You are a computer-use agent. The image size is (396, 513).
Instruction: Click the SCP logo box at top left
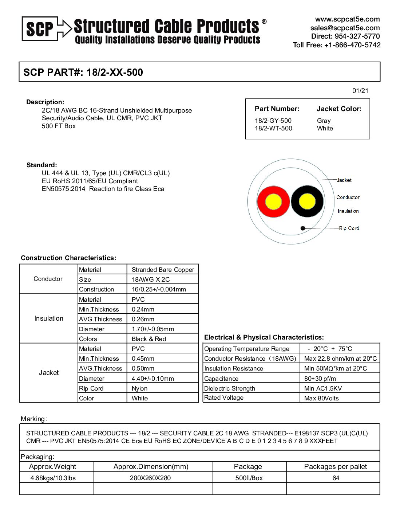[x=40, y=28]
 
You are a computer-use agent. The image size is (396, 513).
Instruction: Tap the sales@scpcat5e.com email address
[x=345, y=28]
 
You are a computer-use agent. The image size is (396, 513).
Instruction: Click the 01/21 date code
[x=360, y=91]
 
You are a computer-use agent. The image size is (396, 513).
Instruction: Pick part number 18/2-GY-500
[x=273, y=121]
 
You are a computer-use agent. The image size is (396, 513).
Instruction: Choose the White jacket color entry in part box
[x=325, y=128]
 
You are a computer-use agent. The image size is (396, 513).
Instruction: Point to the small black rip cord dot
[x=302, y=228]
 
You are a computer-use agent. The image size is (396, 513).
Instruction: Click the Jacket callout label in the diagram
[x=344, y=180]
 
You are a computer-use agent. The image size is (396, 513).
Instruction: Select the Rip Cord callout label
[x=349, y=228]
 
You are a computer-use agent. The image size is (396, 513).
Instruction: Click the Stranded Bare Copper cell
[x=163, y=270]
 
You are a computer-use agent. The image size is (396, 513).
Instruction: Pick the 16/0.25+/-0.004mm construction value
[x=159, y=289]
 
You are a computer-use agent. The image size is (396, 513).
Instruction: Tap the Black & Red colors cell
[x=148, y=339]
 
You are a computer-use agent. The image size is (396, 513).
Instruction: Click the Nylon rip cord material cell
[x=139, y=388]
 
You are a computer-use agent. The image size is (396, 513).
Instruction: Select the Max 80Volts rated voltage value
[x=321, y=398]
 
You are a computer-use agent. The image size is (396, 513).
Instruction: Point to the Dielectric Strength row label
[x=229, y=388]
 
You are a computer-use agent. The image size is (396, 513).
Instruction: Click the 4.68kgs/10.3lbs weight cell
[x=53, y=478]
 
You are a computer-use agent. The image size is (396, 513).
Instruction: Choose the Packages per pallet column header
[x=335, y=467]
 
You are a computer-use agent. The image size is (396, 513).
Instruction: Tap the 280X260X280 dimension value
[x=150, y=478]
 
